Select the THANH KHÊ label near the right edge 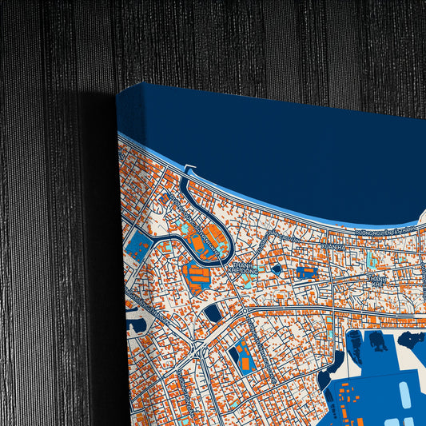[x=377, y=281]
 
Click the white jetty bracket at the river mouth [x=189, y=169]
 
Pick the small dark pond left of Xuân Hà [x=276, y=269]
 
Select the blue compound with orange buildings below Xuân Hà [x=306, y=273]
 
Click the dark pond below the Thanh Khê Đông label [x=213, y=313]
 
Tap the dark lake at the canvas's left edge [x=136, y=323]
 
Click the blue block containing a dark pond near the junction [x=241, y=356]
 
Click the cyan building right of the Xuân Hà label [x=369, y=260]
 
